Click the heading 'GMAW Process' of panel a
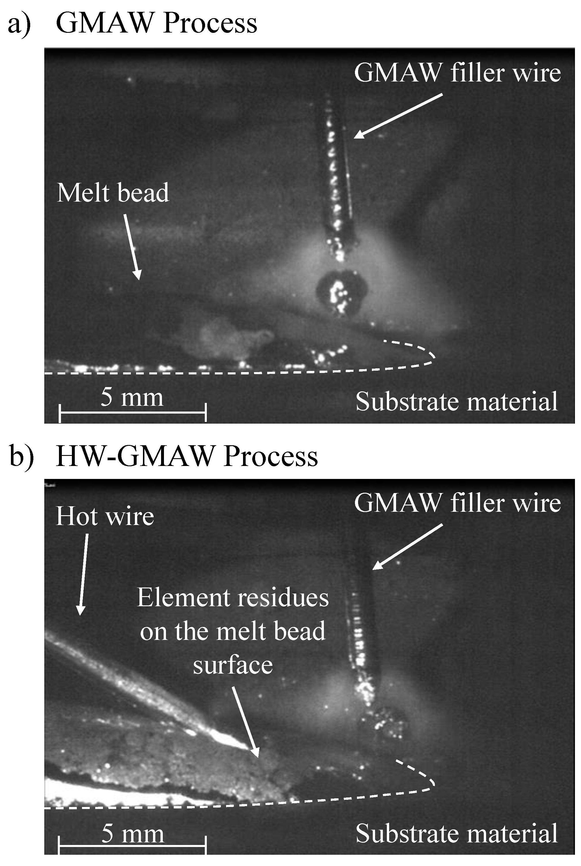156,23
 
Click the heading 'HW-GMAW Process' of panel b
187,456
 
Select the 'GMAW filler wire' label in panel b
457,503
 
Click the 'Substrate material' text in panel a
456,401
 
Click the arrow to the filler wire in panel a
398,116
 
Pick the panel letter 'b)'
21,456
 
